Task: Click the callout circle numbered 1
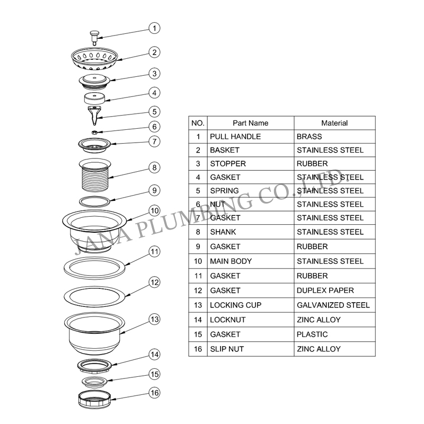pos(154,28)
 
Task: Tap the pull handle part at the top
pos(94,38)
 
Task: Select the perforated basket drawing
pos(94,58)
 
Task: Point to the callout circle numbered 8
pos(154,167)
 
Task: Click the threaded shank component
pos(95,175)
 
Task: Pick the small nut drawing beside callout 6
pos(94,132)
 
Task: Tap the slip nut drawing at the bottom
pos(95,399)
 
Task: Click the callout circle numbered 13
pos(154,319)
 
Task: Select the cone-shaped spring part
pos(95,116)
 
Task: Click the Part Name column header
pos(250,123)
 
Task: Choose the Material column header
pos(334,123)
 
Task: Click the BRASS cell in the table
pos(309,137)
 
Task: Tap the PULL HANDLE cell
pos(235,137)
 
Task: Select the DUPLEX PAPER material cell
pos(325,290)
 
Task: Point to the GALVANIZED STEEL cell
pos(333,305)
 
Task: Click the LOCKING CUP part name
pos(235,305)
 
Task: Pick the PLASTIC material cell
pos(312,334)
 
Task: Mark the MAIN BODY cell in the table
pos(231,261)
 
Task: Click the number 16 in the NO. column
pos(198,349)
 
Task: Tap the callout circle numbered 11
pos(154,252)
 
